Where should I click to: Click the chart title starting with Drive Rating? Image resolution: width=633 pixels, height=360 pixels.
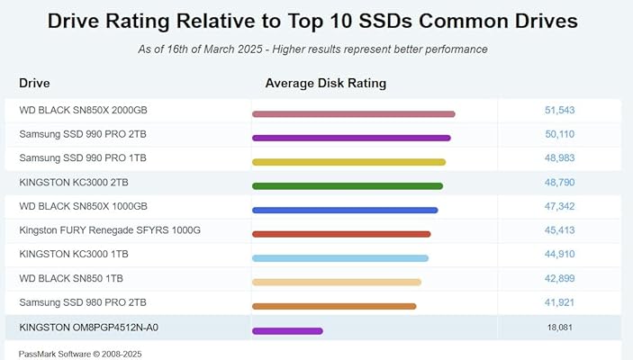pos(313,21)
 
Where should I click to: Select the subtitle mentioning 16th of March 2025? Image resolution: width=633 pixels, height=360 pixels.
pos(313,49)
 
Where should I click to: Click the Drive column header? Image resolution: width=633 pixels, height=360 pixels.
pos(34,84)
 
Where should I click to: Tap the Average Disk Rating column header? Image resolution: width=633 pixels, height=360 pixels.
pos(325,84)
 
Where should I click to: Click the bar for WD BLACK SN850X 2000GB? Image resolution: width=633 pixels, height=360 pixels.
pos(353,114)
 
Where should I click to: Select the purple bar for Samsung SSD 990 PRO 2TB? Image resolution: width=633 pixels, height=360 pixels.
pos(351,138)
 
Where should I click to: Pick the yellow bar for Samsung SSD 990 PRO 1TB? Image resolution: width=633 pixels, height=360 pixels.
pos(348,162)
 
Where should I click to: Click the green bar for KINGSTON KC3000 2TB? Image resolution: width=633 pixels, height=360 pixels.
pos(347,186)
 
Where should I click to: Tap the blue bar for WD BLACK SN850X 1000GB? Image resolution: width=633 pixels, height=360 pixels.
pos(345,211)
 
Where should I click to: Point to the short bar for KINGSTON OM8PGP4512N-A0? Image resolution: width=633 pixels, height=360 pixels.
pos(287,331)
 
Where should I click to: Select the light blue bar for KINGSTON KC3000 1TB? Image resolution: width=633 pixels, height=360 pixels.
pos(339,258)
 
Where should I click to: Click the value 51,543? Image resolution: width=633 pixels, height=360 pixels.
pos(559,110)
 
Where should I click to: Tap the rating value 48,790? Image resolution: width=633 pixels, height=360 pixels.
pos(559,182)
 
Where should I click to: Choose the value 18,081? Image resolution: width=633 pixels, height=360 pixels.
pos(559,327)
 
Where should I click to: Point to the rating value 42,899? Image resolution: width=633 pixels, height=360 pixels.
pos(559,278)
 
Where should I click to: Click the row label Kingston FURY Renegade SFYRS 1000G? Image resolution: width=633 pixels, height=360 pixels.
pos(109,230)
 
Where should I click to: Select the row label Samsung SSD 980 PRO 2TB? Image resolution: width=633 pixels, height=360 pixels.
pos(82,302)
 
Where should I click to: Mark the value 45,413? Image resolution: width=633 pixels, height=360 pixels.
pos(559,230)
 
